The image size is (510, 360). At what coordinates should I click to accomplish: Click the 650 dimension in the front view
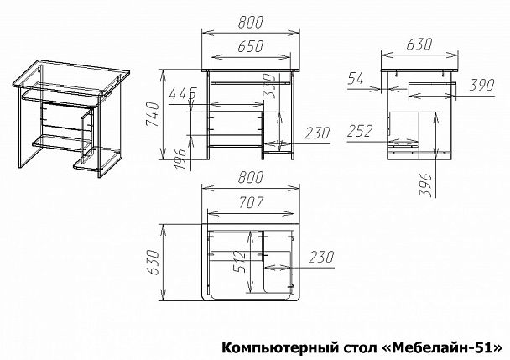pyautogui.click(x=250, y=49)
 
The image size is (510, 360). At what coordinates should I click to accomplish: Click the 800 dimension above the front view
pyautogui.click(x=250, y=23)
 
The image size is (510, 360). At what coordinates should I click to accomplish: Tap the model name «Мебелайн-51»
pyautogui.click(x=434, y=346)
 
